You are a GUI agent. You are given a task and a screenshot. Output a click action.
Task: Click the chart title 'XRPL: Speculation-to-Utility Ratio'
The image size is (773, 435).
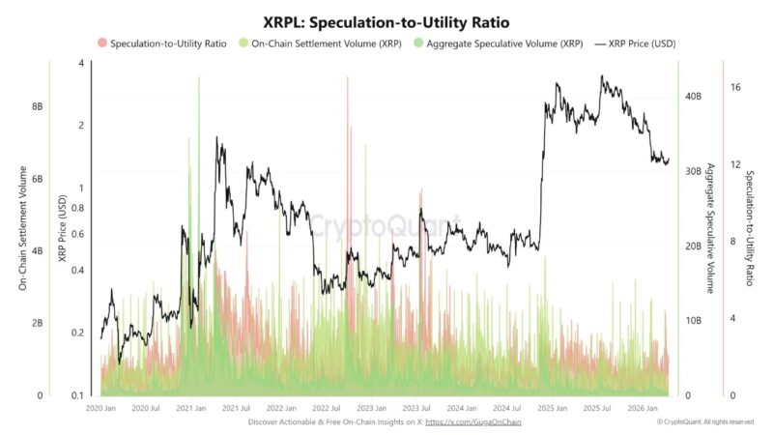386,20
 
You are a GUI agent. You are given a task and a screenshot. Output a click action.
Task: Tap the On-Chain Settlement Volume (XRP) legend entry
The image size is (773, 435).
321,44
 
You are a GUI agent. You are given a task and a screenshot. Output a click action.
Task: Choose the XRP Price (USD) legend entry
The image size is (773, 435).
640,44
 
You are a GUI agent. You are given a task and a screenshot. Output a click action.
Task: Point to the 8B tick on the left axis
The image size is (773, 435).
37,106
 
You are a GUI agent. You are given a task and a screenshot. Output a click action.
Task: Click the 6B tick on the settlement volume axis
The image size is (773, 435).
37,180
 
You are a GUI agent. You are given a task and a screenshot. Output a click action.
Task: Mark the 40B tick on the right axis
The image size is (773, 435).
692,97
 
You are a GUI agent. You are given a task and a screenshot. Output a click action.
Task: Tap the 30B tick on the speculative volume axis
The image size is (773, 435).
692,171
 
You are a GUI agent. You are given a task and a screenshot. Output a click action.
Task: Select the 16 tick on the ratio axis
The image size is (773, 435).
735,87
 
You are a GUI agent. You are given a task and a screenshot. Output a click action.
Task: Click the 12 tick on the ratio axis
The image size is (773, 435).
735,164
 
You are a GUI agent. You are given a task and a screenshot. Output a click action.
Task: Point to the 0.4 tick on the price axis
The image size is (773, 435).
77,270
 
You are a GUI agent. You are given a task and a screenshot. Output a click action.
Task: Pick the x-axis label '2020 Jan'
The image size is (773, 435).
100,409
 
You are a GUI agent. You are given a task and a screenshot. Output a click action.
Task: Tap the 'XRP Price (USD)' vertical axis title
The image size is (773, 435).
62,228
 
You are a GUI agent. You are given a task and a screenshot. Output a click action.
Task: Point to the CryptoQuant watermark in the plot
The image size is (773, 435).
386,227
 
